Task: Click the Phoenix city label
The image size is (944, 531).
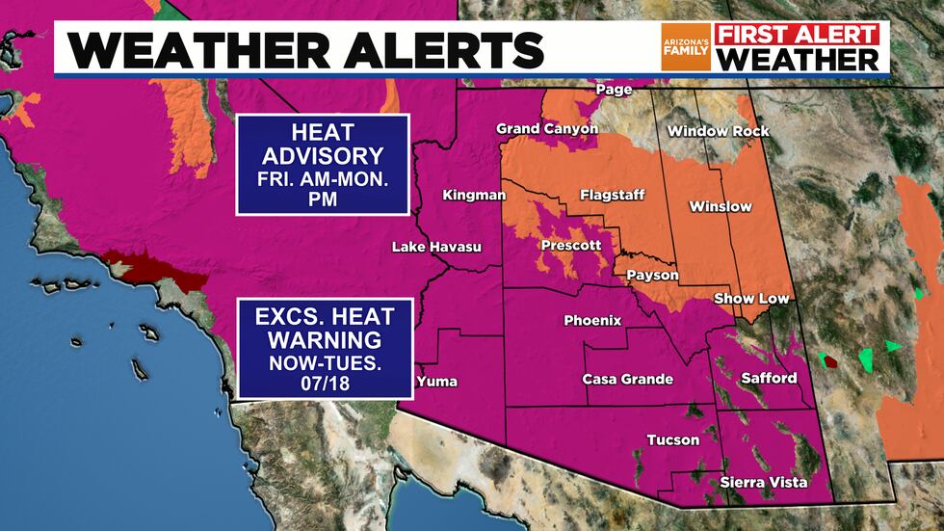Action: pyautogui.click(x=592, y=320)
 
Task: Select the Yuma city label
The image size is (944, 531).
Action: pyautogui.click(x=436, y=382)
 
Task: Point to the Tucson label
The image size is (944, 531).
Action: pyautogui.click(x=672, y=439)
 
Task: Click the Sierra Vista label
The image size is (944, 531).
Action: pyautogui.click(x=764, y=482)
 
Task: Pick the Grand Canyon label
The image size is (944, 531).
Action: pyautogui.click(x=546, y=128)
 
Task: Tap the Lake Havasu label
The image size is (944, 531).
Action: pyautogui.click(x=435, y=248)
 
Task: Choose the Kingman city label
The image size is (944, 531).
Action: pyautogui.click(x=474, y=196)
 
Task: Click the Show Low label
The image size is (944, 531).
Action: pyautogui.click(x=751, y=299)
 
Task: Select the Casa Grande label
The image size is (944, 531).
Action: pyautogui.click(x=628, y=379)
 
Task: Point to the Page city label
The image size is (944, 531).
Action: pyautogui.click(x=614, y=90)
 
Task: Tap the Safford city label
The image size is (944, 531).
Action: pyautogui.click(x=769, y=378)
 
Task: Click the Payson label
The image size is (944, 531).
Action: pyautogui.click(x=652, y=276)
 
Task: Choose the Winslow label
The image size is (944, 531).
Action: pyautogui.click(x=721, y=206)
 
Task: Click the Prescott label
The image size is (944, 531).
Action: pyautogui.click(x=572, y=245)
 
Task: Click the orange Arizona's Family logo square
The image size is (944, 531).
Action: pyautogui.click(x=686, y=47)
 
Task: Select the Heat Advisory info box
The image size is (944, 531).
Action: pyautogui.click(x=324, y=164)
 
